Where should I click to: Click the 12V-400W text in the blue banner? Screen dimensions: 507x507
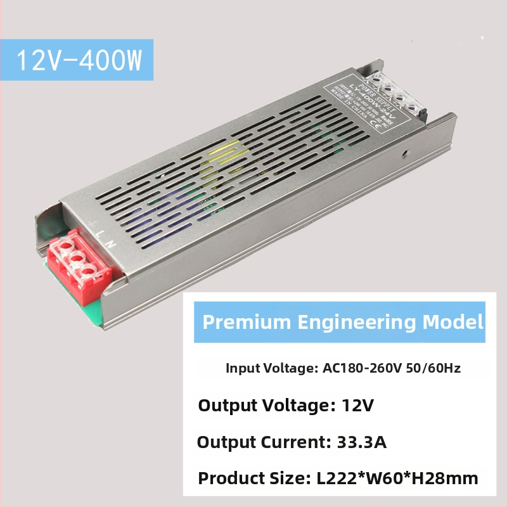point(77,60)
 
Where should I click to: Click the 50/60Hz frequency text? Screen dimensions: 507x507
point(434,368)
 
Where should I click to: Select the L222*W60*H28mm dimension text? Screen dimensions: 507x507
point(397,479)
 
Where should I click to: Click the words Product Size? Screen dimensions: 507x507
point(252,479)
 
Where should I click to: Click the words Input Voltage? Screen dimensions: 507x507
point(266,368)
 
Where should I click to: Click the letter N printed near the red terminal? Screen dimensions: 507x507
point(112,243)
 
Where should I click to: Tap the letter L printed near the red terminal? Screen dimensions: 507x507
point(101,234)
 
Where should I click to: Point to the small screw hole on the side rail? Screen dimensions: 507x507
point(404,153)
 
